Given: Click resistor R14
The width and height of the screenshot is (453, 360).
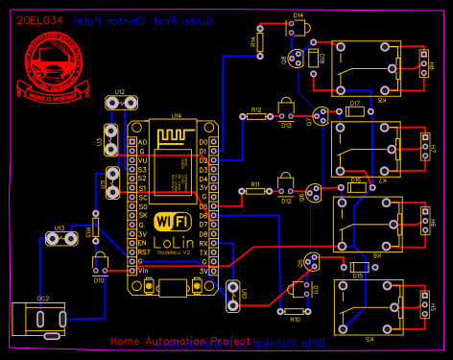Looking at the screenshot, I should (x=260, y=43).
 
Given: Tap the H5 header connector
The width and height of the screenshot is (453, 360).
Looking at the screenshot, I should (x=424, y=306).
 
